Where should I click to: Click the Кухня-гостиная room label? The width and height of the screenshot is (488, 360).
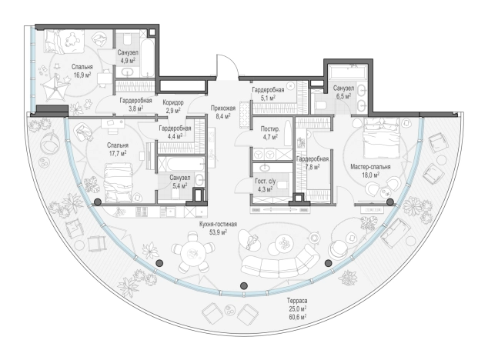pos(218,224)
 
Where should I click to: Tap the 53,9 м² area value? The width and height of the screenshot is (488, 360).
pos(218,232)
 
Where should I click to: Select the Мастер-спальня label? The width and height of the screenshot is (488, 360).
pos(370,167)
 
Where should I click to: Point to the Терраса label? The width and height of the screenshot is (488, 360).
pos(297,301)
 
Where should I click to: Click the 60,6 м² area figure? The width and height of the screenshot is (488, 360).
pos(297,317)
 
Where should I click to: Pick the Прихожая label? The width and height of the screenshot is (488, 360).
pos(223,108)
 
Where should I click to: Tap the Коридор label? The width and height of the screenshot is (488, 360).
pos(173,102)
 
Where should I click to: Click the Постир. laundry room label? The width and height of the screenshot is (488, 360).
pos(270,128)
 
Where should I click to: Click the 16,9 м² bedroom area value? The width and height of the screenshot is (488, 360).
pos(82,75)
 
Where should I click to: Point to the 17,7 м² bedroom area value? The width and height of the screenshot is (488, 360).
pos(117,153)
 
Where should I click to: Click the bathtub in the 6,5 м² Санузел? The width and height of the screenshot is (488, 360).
pos(348,72)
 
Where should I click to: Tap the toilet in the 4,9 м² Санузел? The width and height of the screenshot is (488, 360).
pos(128,38)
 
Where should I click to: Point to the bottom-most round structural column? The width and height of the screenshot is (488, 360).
pos(244,285)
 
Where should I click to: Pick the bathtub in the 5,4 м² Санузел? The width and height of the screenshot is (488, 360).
pos(181,164)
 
